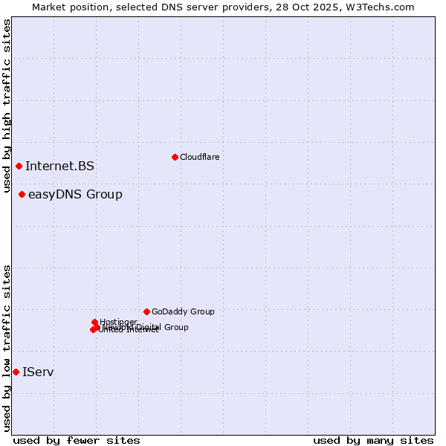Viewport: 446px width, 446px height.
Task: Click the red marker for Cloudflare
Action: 175,157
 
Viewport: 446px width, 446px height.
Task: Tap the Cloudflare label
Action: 199,157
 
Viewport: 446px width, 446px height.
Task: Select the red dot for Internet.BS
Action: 19,166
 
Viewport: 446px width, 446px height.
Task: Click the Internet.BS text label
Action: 59,166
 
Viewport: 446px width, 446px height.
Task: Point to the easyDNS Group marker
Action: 22,195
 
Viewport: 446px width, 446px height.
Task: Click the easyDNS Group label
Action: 75,195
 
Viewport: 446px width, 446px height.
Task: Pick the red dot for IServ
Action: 16,372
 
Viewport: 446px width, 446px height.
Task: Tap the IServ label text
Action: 38,372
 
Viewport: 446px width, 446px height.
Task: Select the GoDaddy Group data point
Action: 146,311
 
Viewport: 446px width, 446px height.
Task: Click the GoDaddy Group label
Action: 183,311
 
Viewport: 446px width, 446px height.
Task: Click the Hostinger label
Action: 118,322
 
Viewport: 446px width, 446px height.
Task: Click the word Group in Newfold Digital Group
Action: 175,327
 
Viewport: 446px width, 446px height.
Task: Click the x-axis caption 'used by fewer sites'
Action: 77,440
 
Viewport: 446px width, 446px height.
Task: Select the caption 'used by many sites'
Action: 373,440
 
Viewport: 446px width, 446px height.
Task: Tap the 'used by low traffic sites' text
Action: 7,347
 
